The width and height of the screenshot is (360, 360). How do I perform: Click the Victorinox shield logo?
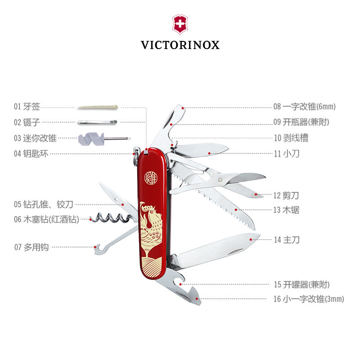pyautogui.click(x=180, y=25)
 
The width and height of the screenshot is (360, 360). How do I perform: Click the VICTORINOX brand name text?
pyautogui.click(x=180, y=45)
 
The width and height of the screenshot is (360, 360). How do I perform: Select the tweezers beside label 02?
pyautogui.click(x=97, y=121)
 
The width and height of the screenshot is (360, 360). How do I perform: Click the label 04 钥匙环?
pyautogui.click(x=31, y=153)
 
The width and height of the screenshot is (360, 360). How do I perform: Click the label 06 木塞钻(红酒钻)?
pyautogui.click(x=46, y=219)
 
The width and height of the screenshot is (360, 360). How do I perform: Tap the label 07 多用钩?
pyautogui.click(x=31, y=247)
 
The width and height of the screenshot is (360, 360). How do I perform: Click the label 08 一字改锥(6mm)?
pyautogui.click(x=305, y=107)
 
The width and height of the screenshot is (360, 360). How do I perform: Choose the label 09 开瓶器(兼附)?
pyautogui.click(x=301, y=121)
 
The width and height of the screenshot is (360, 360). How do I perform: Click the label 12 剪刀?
pyautogui.click(x=286, y=195)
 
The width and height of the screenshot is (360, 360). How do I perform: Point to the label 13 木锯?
pyautogui.click(x=286, y=210)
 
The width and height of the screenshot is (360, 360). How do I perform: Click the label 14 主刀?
pyautogui.click(x=287, y=240)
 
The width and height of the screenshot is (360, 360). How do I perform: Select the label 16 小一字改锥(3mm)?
pyautogui.click(x=309, y=299)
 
